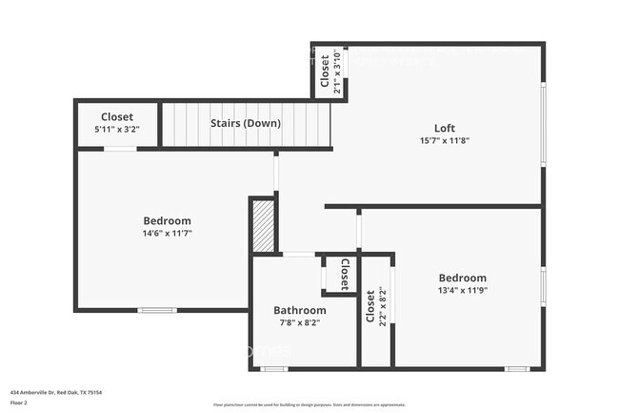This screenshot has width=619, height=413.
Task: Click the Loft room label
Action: coord(445,128)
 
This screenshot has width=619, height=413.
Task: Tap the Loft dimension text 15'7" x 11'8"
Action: coord(445,140)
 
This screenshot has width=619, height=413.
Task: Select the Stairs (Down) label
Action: coord(246,123)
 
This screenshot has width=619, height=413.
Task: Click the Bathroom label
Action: coord(300,310)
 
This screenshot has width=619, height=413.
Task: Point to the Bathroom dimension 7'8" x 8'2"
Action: coord(300,322)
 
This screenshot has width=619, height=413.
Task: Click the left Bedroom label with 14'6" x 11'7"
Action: coord(168,220)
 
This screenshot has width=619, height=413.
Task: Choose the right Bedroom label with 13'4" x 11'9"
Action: coord(463,278)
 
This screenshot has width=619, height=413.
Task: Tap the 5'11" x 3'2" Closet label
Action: coord(117,117)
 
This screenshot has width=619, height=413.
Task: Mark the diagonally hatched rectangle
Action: coord(262,225)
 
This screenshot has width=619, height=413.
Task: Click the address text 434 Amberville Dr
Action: coord(55,392)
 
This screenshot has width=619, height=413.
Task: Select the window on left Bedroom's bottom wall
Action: coord(157,310)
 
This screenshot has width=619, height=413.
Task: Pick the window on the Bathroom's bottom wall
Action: coord(274,368)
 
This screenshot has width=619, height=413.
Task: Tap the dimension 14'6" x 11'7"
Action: coord(168,233)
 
